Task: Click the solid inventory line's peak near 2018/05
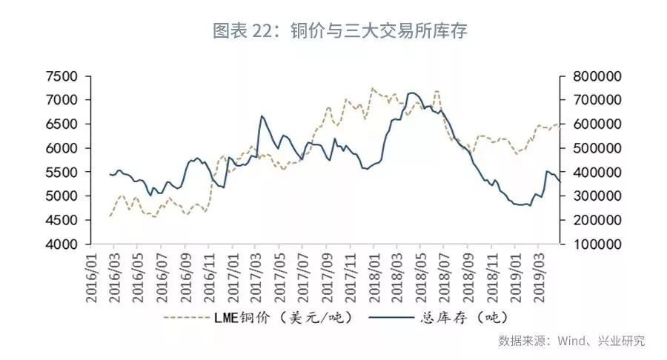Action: [413, 93]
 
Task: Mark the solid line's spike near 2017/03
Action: [262, 116]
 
